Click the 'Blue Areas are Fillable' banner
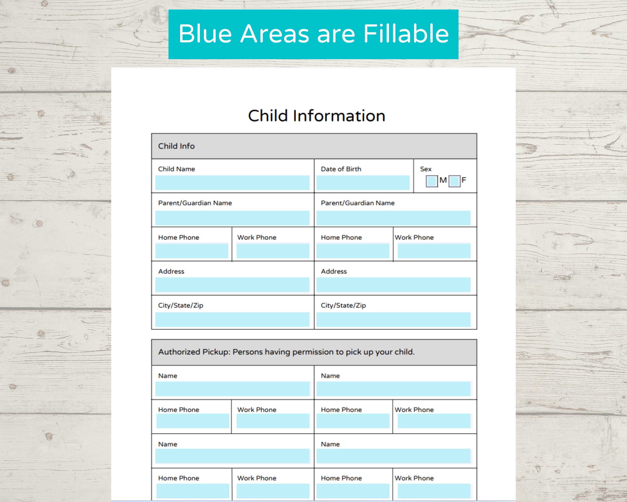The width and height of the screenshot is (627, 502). pos(313,34)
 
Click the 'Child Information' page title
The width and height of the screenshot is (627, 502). pos(317,115)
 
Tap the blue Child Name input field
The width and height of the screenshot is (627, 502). pos(232,183)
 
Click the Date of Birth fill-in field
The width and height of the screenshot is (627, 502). pos(363,183)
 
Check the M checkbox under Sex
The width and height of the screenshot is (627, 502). pos(431,181)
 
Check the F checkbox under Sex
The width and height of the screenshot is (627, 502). pos(454,181)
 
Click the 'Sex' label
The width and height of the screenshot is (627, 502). pos(425,169)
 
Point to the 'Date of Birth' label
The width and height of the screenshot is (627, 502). pos(341,169)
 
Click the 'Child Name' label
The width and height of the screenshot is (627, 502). pos(176,169)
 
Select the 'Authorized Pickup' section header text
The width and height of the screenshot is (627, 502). pos(286,352)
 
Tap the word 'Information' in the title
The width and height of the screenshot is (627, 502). pos(339,115)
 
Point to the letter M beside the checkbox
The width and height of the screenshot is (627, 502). pos(443,180)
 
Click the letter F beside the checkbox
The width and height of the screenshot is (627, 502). pos(463,180)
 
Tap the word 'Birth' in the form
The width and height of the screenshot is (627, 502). pos(353,169)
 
